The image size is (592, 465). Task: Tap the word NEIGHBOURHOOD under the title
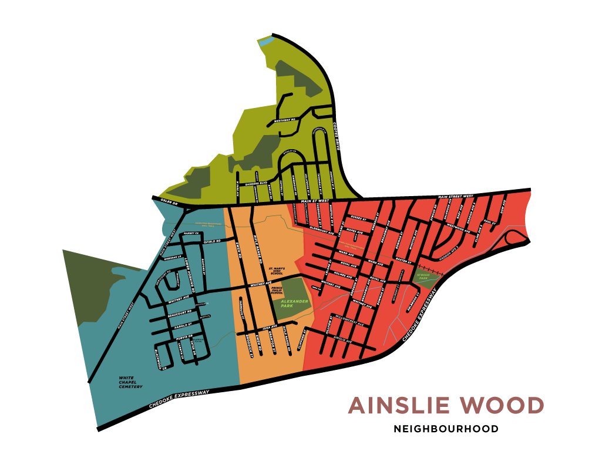click(446, 429)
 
